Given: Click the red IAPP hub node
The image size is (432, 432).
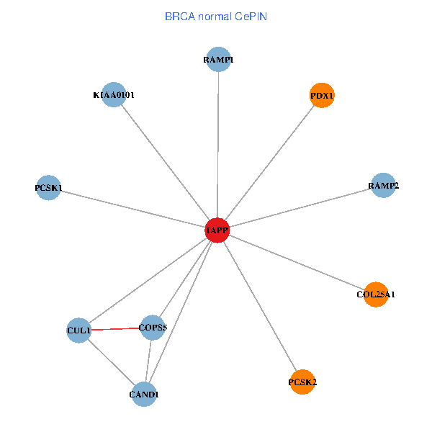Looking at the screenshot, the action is pos(217,230).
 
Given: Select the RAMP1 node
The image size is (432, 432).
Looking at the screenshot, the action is pos(218,60).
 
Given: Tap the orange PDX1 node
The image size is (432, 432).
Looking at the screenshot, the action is pos(322,95).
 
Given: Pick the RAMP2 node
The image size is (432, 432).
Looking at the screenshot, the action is pos(383,186).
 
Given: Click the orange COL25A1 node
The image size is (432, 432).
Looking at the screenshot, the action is pos(376,294).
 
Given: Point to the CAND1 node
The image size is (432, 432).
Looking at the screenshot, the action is pos(144,394).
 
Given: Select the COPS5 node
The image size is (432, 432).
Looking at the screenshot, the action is pos(152,328).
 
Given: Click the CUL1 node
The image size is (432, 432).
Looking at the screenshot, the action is pos(78,330).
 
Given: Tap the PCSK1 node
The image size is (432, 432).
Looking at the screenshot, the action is pos(48,188).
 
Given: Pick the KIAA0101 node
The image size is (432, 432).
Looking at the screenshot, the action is pos(114,94).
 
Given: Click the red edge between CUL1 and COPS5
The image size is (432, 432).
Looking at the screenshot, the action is pos(115,329).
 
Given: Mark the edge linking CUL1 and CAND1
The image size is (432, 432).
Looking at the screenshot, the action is pos(111,362).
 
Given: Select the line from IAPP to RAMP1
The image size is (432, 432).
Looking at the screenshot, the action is pos(218,144).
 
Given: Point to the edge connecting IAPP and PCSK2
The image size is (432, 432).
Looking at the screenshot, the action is pos(259,305).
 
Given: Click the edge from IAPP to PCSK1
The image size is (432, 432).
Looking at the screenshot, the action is pos(133,210).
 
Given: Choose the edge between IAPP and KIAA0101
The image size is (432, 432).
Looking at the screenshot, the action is pos(166,163).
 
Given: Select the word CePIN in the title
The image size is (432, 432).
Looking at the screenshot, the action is pos(251,16).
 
